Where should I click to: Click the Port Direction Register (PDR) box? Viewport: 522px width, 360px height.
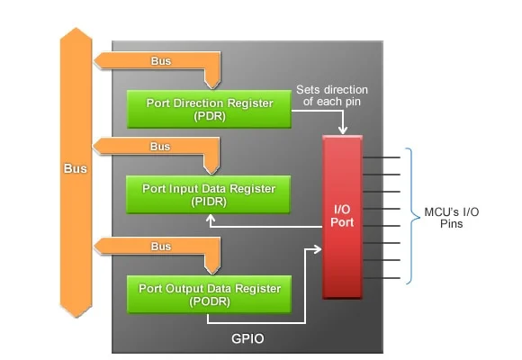[209, 109]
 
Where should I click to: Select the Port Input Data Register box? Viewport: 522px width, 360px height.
[208, 194]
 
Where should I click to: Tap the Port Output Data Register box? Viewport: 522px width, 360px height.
[209, 294]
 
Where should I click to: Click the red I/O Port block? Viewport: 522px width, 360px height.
[342, 217]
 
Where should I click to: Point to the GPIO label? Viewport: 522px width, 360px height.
[247, 338]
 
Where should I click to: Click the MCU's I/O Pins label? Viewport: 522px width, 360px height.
[452, 218]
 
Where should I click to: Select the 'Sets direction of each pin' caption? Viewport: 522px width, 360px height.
[332, 95]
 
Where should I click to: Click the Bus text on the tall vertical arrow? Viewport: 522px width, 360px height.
[76, 168]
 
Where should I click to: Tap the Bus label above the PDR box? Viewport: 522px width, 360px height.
[161, 61]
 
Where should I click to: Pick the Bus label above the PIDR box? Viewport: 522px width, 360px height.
[160, 147]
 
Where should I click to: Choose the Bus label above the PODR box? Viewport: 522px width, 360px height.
[161, 247]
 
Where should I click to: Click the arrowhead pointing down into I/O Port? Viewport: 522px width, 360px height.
[343, 130]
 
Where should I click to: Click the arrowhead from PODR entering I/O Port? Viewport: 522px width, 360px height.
[318, 248]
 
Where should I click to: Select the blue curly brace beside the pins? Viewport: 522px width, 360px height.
[413, 216]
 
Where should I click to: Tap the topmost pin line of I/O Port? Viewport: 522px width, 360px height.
[382, 157]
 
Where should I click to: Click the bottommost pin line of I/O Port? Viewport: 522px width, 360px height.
[382, 278]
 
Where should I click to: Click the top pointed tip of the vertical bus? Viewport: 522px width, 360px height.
[76, 28]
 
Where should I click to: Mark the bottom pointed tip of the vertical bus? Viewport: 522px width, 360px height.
[76, 317]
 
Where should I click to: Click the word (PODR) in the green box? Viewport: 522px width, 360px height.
[210, 301]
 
